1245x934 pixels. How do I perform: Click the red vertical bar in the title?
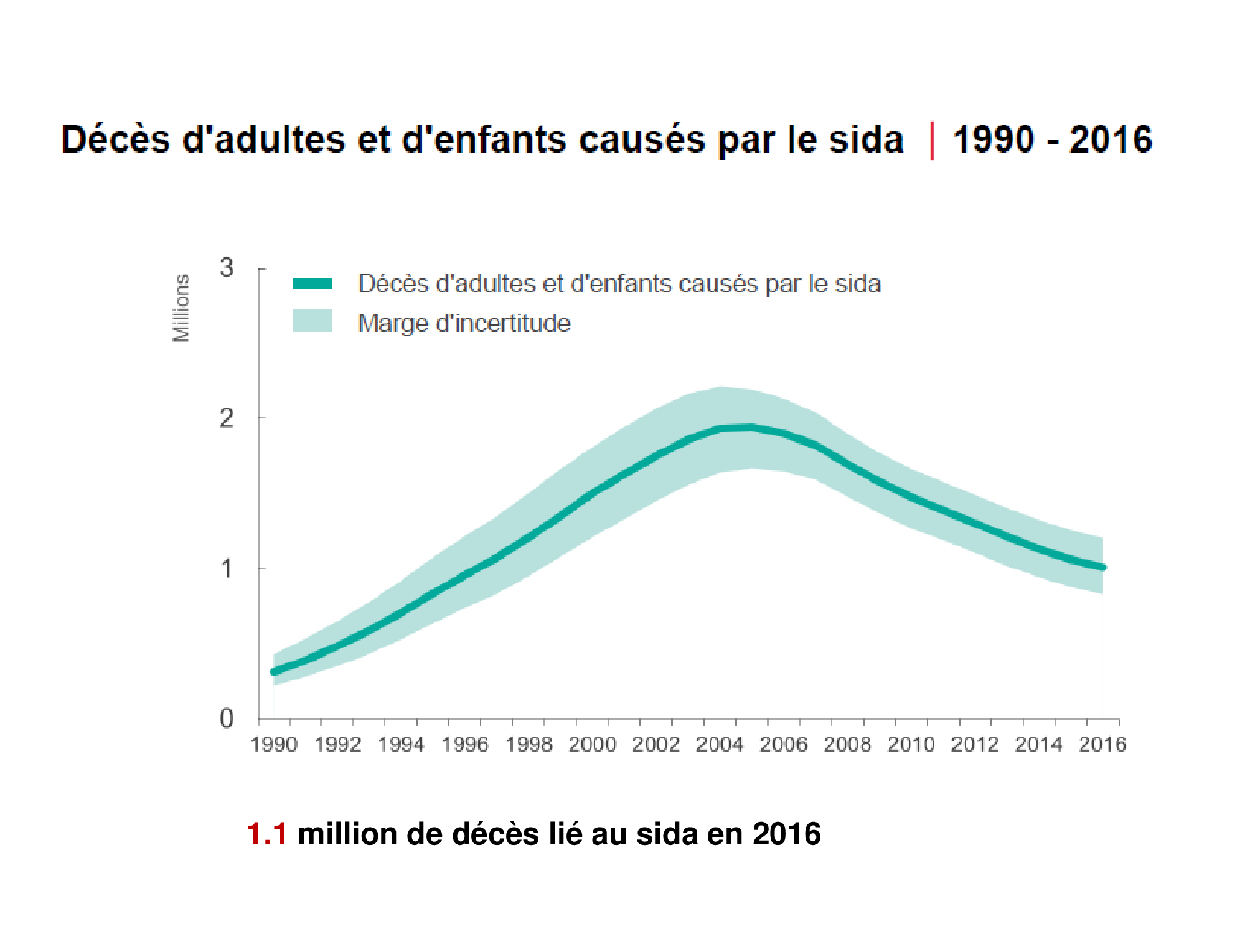pos(932,141)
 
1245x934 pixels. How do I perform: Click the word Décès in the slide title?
pos(115,139)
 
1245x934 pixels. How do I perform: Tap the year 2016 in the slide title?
pos(1111,139)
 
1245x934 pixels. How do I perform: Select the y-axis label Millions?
pos(181,308)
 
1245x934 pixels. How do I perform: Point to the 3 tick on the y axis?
pos(227,268)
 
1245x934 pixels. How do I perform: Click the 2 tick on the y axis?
pos(227,418)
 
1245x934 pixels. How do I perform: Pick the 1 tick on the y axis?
pos(227,568)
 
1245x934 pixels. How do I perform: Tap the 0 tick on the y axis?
pos(227,719)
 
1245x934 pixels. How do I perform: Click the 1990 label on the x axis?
pos(274,744)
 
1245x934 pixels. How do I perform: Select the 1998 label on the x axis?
pos(529,744)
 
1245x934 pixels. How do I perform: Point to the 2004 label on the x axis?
pos(720,744)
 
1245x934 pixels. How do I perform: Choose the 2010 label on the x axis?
pos(911,744)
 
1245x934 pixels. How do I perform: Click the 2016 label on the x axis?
pos(1102,744)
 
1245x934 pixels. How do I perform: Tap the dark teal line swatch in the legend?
pos(312,284)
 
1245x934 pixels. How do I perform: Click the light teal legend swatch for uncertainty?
pos(312,321)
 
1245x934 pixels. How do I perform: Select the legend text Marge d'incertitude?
pos(464,323)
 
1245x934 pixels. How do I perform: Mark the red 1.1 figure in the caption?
pos(266,834)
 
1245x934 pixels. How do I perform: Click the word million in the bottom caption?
pos(347,834)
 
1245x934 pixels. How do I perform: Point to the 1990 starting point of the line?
pos(274,672)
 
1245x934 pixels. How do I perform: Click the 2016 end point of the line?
pos(1103,567)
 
